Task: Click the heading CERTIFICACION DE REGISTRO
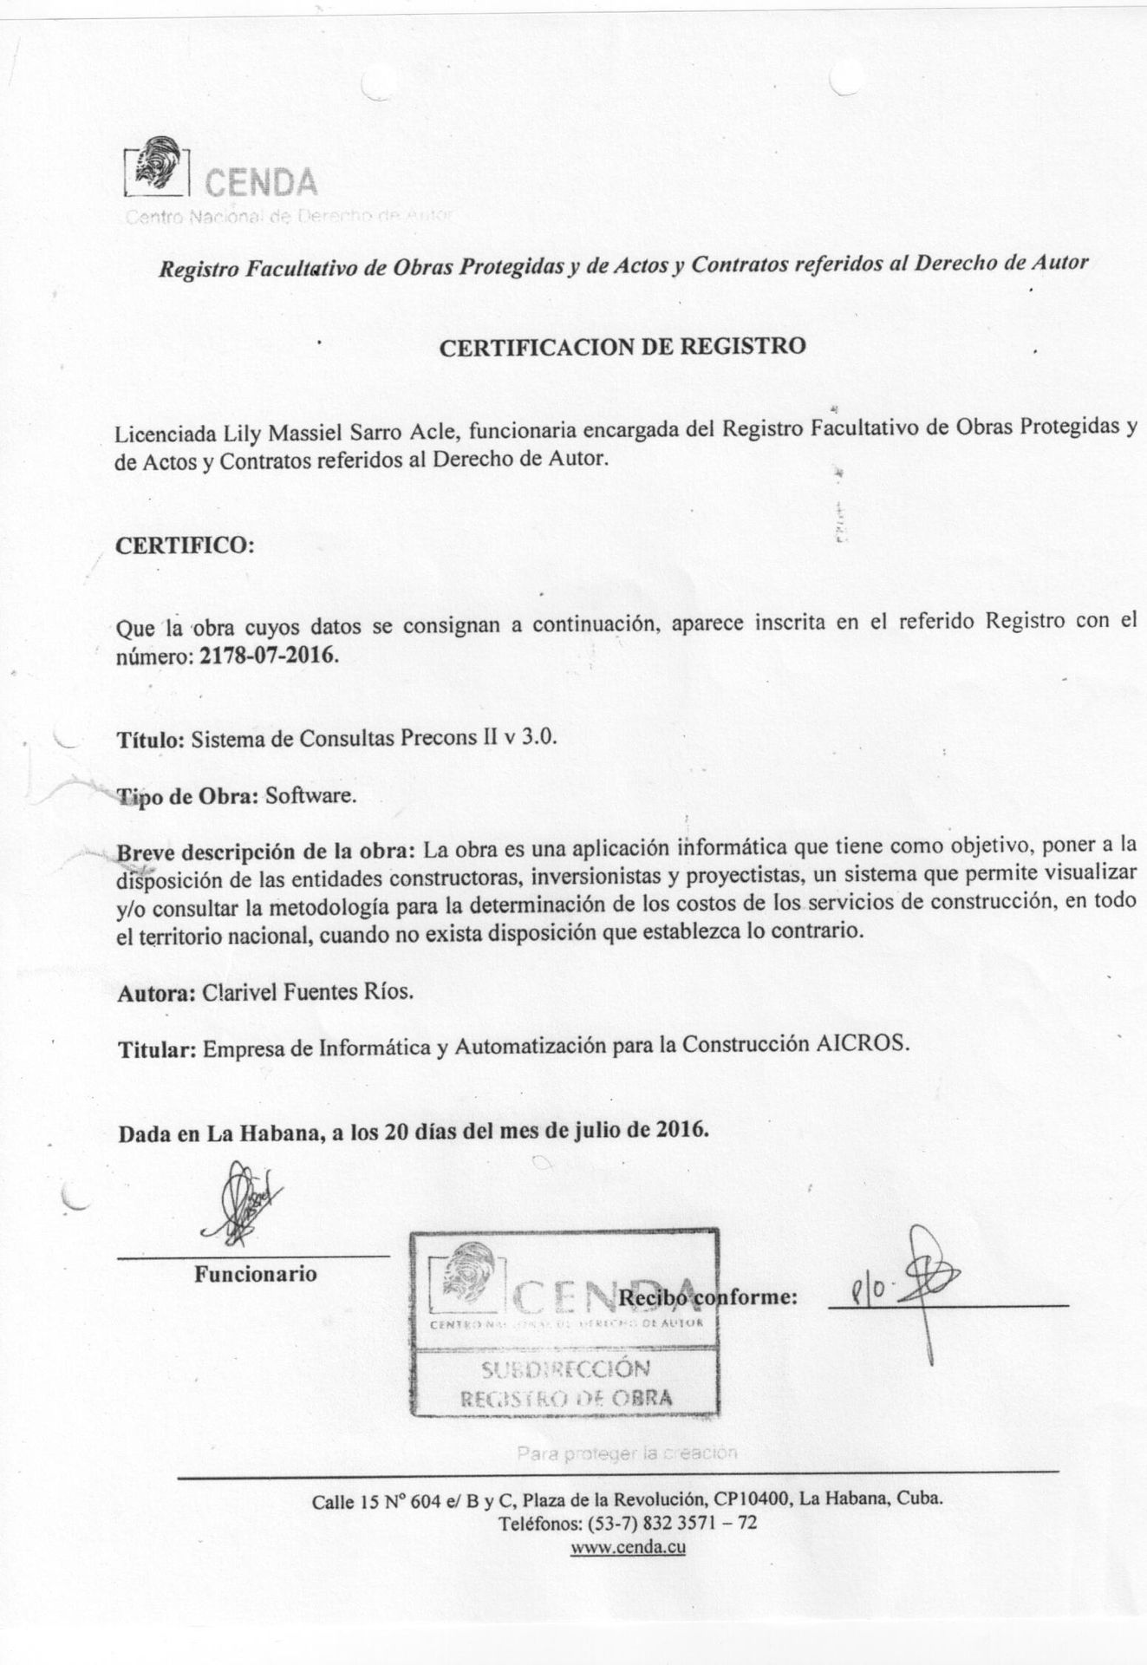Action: (622, 347)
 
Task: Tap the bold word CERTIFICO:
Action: (185, 546)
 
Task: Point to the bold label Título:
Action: (150, 740)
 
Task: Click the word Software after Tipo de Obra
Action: (310, 796)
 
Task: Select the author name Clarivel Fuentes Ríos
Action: (308, 992)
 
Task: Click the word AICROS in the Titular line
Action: (864, 1045)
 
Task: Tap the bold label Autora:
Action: (155, 993)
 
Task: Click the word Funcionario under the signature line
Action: (255, 1274)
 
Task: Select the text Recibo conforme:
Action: (707, 1297)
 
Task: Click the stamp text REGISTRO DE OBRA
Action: (566, 1398)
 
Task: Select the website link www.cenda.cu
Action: (628, 1548)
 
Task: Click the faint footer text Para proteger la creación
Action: (627, 1453)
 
